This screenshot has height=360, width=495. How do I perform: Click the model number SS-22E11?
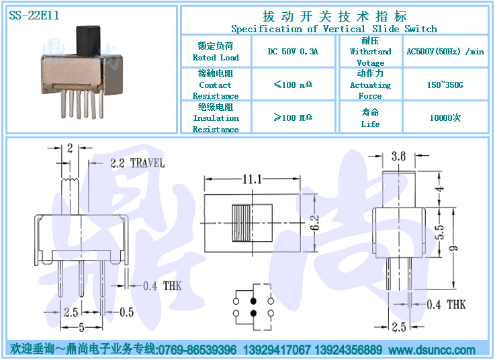pyautogui.click(x=34, y=15)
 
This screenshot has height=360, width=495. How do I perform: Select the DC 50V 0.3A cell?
pyautogui.click(x=293, y=51)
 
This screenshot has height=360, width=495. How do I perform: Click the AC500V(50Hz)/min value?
pyautogui.click(x=445, y=51)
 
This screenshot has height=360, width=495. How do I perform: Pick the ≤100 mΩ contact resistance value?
pyautogui.click(x=293, y=85)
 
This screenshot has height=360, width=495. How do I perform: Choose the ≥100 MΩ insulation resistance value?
pyautogui.click(x=293, y=118)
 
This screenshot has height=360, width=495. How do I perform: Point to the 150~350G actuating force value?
pyautogui.click(x=445, y=85)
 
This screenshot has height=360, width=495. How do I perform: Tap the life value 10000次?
pyautogui.click(x=445, y=118)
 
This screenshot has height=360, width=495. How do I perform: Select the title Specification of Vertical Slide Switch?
pyautogui.click(x=334, y=29)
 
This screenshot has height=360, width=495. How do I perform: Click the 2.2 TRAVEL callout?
pyautogui.click(x=137, y=163)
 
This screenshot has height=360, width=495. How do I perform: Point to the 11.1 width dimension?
pyautogui.click(x=253, y=179)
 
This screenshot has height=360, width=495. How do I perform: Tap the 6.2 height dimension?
pyautogui.click(x=315, y=222)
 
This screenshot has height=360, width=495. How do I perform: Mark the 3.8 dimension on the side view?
pyautogui.click(x=398, y=156)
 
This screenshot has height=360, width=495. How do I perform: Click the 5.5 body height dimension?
pyautogui.click(x=440, y=232)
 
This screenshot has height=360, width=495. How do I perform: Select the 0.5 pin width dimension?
pyautogui.click(x=126, y=312)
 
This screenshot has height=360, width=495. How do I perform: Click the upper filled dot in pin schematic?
pyautogui.click(x=253, y=301)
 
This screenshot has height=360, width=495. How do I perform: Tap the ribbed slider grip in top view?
pyautogui.click(x=242, y=223)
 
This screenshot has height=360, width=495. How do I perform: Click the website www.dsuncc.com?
pyautogui.click(x=432, y=350)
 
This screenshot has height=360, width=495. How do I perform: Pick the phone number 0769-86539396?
pyautogui.click(x=197, y=350)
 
